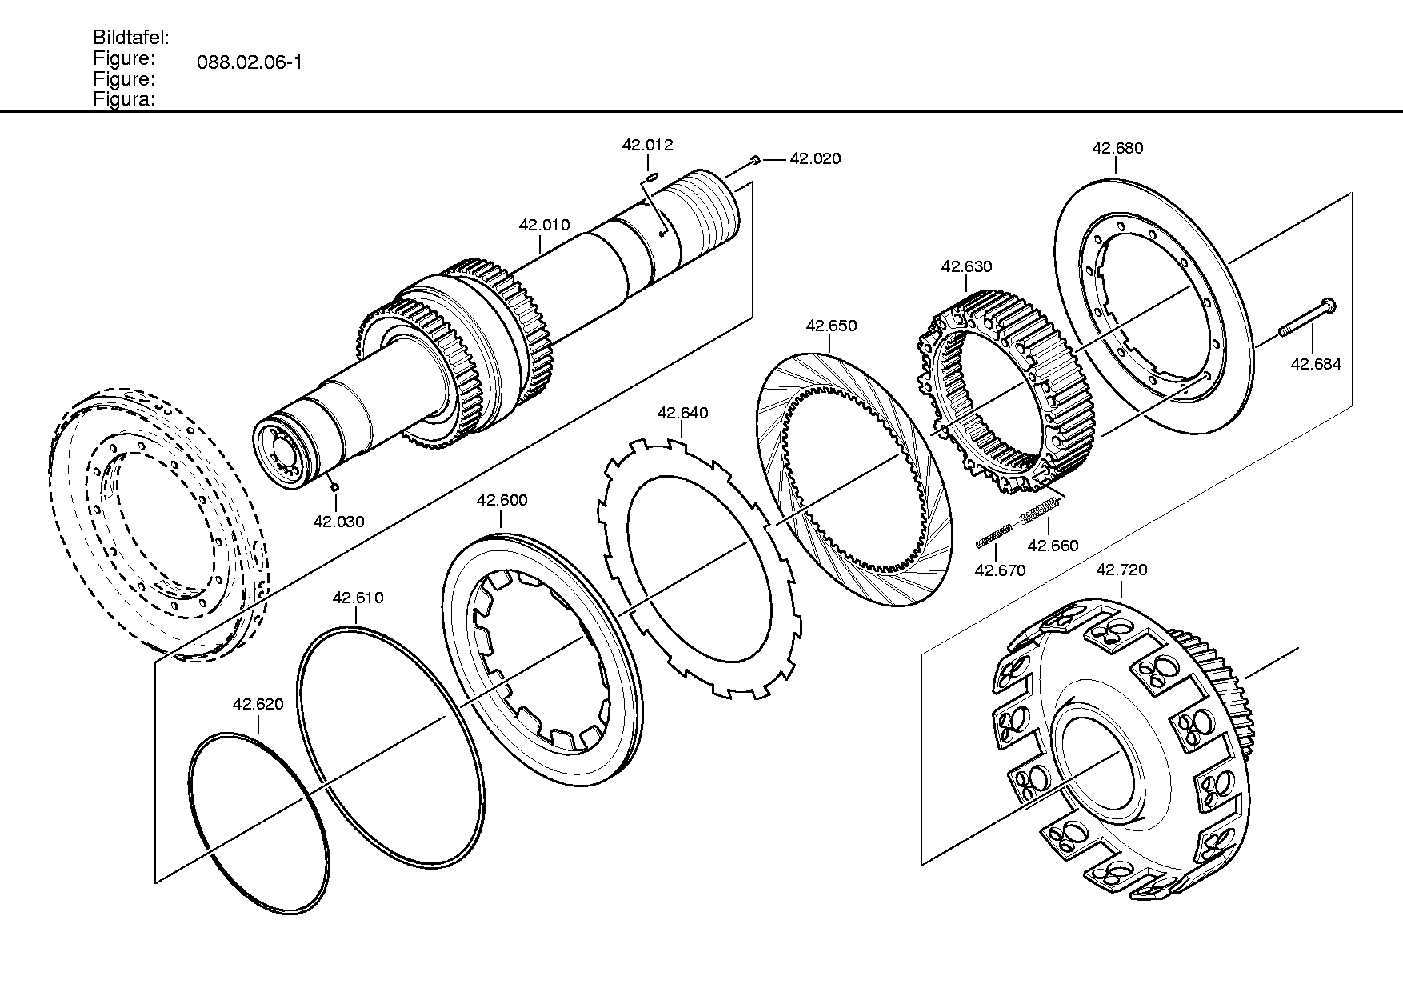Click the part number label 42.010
coord(544,225)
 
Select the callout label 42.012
coord(648,145)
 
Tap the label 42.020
coord(815,158)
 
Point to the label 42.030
coord(338,522)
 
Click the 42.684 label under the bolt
coord(1316,364)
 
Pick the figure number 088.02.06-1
coord(250,62)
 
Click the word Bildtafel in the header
coord(131,38)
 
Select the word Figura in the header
coord(124,100)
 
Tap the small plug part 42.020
coord(755,161)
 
